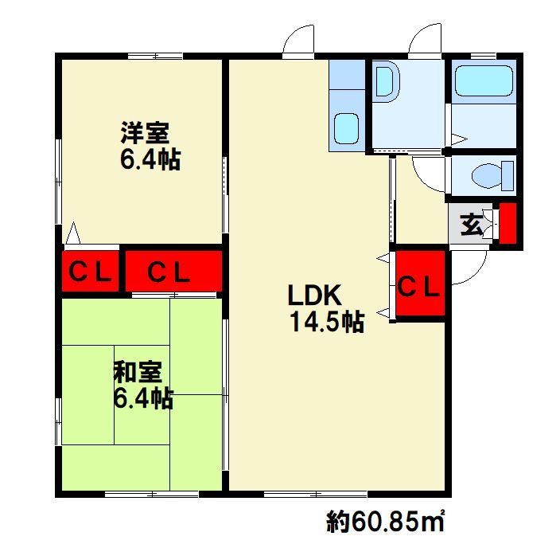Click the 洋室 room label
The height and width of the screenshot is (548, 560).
145,131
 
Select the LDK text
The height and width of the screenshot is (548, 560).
314,296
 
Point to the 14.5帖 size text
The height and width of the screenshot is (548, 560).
328,323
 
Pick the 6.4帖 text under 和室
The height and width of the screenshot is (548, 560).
143,398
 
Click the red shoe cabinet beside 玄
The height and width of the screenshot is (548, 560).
507,224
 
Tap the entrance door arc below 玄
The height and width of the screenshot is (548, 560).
471,269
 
